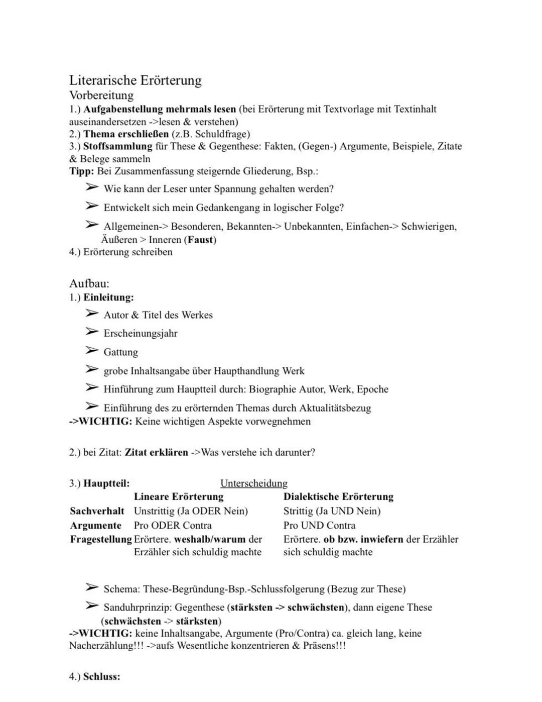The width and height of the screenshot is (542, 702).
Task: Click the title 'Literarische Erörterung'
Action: pyautogui.click(x=135, y=80)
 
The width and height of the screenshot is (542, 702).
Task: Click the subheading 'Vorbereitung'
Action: pyautogui.click(x=101, y=95)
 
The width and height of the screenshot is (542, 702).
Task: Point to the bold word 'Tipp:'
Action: pyautogui.click(x=81, y=171)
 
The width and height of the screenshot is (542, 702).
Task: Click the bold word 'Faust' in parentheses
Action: pyautogui.click(x=200, y=240)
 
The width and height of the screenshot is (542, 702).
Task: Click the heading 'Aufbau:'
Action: pyautogui.click(x=89, y=283)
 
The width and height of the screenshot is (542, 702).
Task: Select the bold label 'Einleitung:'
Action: pyautogui.click(x=108, y=297)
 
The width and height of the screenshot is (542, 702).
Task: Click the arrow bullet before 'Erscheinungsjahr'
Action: pyautogui.click(x=91, y=332)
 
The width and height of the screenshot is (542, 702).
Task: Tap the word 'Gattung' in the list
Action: pyautogui.click(x=120, y=352)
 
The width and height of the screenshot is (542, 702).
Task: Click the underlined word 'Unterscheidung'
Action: pyautogui.click(x=254, y=483)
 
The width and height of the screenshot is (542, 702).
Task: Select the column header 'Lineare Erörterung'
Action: pyautogui.click(x=179, y=497)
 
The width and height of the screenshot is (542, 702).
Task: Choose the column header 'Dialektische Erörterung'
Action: pyautogui.click(x=338, y=497)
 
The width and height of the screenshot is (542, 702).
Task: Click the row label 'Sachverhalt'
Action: pyautogui.click(x=97, y=511)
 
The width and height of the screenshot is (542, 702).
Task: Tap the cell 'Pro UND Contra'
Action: pyautogui.click(x=319, y=526)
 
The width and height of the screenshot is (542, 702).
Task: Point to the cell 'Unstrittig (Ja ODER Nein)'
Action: pyautogui.click(x=191, y=511)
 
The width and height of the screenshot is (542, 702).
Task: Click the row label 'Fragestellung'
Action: pyautogui.click(x=101, y=540)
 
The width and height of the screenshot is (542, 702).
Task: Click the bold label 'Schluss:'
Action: pyautogui.click(x=101, y=677)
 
